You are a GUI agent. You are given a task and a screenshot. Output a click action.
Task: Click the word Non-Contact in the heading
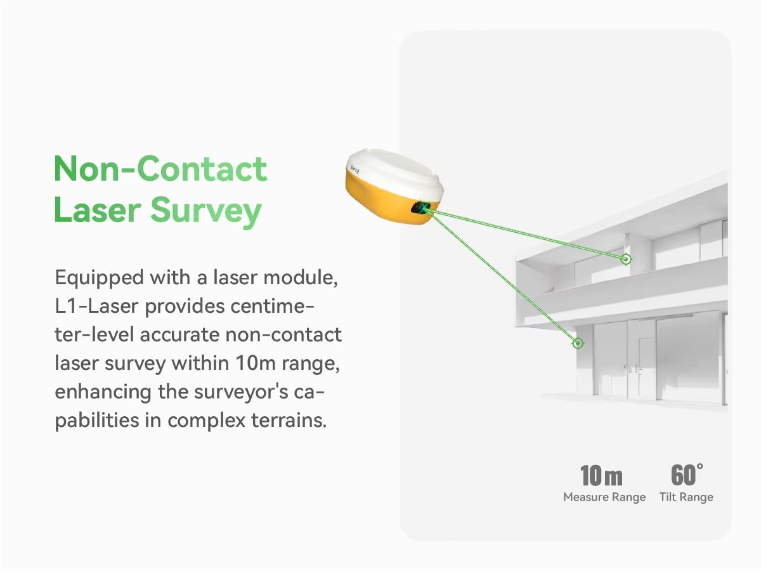(x=160, y=169)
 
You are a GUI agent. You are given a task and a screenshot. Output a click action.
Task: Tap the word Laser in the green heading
(x=98, y=210)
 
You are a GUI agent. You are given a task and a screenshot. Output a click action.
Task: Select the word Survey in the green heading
(x=206, y=212)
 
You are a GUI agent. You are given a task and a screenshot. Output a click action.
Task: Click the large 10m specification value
(x=601, y=476)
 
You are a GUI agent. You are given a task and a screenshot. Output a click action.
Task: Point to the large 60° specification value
(x=687, y=475)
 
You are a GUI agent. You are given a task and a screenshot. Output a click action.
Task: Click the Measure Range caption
(x=604, y=497)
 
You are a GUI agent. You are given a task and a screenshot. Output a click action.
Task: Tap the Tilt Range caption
(x=686, y=497)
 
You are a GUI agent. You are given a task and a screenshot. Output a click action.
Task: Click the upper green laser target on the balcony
(x=626, y=259)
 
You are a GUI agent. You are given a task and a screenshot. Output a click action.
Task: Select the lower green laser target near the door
(x=578, y=343)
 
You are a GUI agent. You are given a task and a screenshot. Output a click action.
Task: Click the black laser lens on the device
(x=420, y=207)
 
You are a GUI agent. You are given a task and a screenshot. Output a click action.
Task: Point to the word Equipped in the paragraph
(x=99, y=279)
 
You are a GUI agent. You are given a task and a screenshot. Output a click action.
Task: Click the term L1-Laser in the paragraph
(x=96, y=306)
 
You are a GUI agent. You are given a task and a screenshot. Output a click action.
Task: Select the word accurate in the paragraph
(x=179, y=335)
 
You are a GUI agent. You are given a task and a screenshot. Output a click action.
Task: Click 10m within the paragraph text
(x=256, y=364)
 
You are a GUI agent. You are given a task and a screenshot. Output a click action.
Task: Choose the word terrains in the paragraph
(x=289, y=421)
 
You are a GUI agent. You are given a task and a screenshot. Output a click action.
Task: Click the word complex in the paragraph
(x=207, y=421)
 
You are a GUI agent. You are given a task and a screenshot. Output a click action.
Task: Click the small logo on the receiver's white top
(x=355, y=169)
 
